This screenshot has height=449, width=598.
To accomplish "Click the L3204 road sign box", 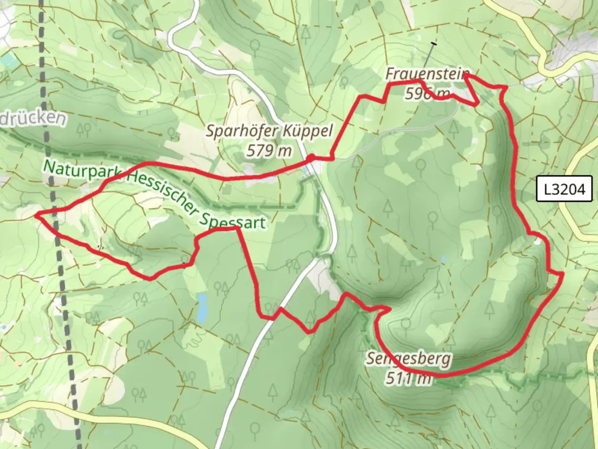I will click(564, 189).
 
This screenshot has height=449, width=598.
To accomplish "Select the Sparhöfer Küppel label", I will click(270, 131).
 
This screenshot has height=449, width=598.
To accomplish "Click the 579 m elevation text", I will click(269, 150).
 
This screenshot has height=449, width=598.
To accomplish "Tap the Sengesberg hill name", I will click(408, 359).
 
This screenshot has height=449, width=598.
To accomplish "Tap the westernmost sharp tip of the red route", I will click(36, 215).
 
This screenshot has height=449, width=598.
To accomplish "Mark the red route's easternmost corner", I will click(562, 274).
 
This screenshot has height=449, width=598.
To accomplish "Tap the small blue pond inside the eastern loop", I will click(443, 259).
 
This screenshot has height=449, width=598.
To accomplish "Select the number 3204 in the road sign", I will click(570, 189).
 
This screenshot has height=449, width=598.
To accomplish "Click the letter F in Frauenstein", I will click(390, 74).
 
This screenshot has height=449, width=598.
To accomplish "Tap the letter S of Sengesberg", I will click(370, 358).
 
